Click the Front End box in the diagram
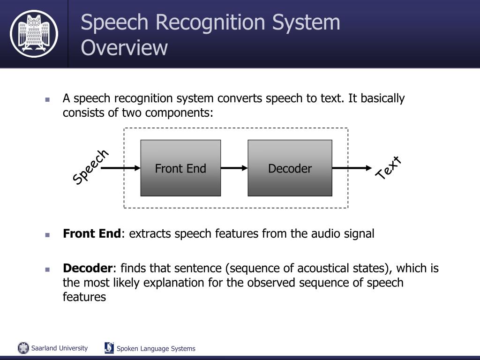click(180, 168)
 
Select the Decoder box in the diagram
click(290, 168)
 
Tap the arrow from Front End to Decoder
click(234, 168)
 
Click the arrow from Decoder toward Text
click(352, 168)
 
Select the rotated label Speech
click(90, 167)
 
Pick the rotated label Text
click(389, 168)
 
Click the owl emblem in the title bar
click(34, 33)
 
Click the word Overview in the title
click(124, 48)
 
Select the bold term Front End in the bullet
click(92, 233)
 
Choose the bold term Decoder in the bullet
click(88, 268)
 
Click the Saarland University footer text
click(60, 348)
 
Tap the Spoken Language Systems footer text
click(156, 348)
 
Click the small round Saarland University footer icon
click(23, 348)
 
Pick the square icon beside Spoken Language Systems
click(109, 348)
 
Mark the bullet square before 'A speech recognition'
click(47, 99)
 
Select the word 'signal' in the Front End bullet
click(359, 233)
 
